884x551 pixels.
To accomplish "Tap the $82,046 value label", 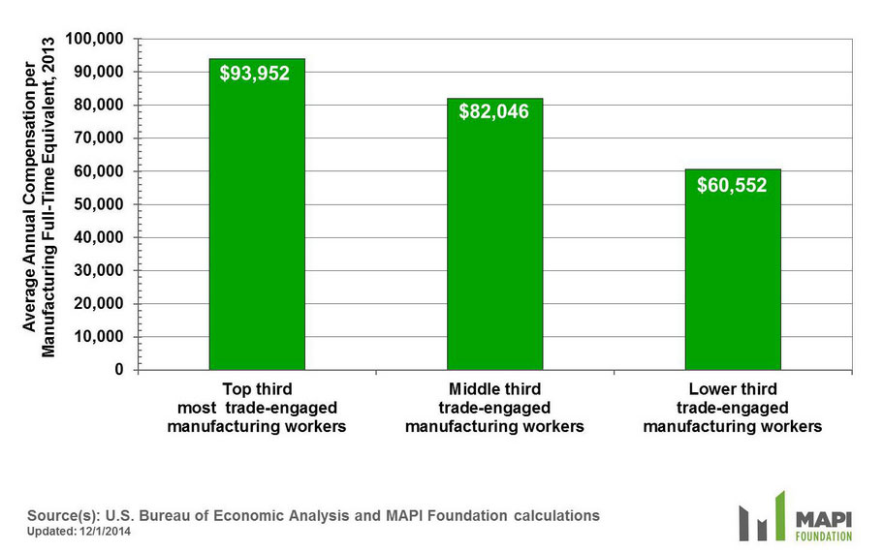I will point(494,112).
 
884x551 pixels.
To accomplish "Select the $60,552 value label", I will point(732,185).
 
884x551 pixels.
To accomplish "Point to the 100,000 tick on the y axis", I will point(97,39).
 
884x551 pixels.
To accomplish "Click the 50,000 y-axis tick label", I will point(101,204).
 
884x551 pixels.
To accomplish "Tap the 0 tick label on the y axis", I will point(120,370).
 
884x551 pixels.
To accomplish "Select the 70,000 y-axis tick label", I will point(101,138).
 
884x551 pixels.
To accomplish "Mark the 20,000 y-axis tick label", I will point(101,304).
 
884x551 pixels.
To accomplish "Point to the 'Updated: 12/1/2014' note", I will point(79,532).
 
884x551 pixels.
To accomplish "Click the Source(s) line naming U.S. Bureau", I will point(313,515).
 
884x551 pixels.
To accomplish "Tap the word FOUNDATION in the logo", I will point(823,536).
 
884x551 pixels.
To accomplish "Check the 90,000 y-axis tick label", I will point(101,73).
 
